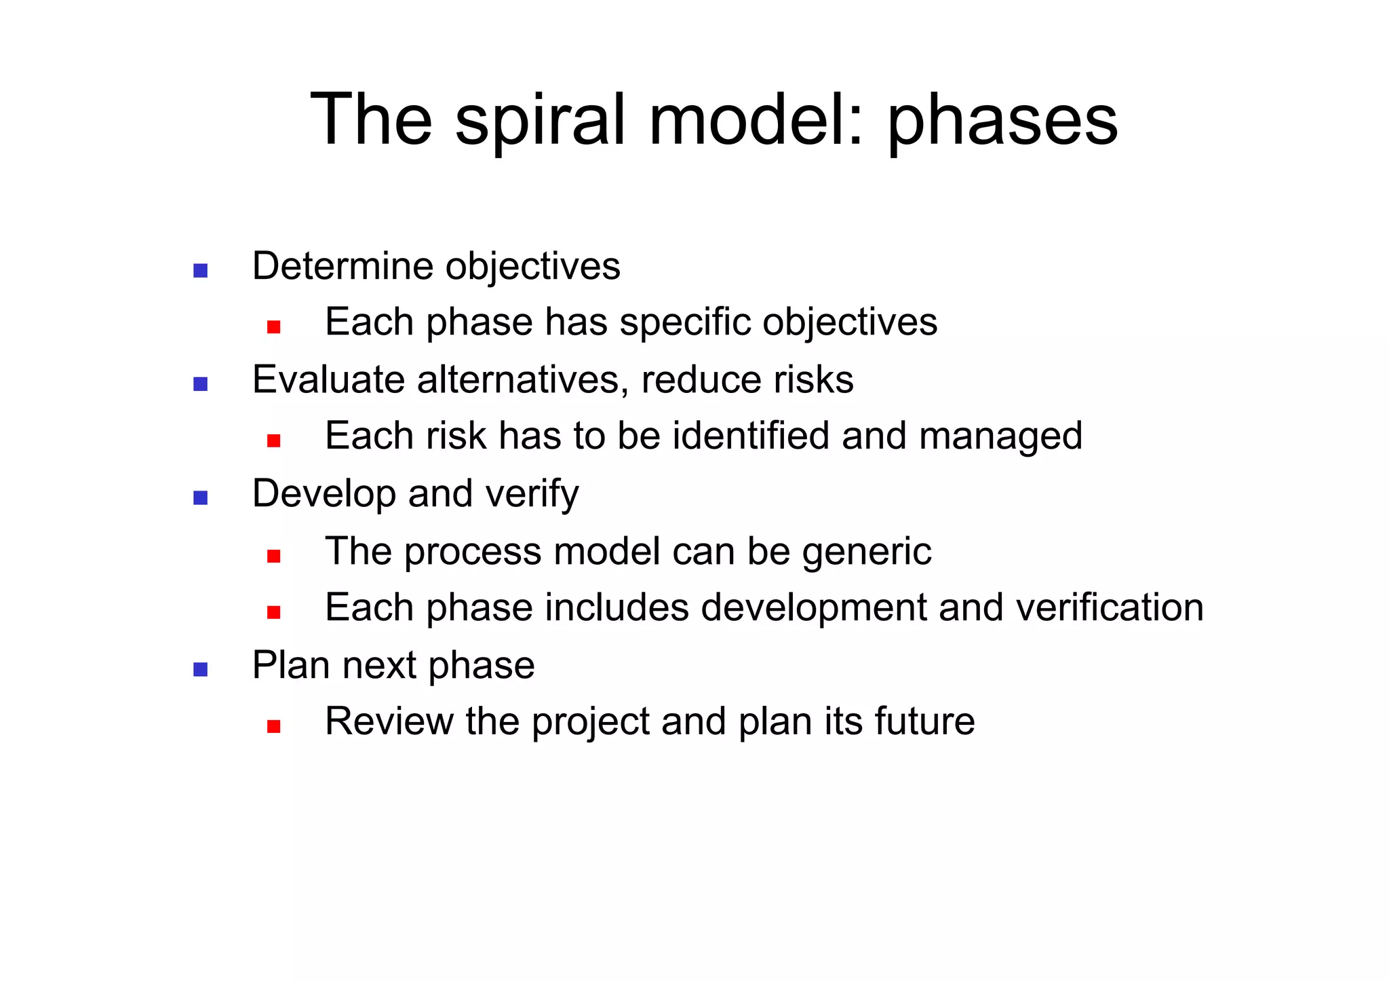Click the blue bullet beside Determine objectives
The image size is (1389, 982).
pos(200,271)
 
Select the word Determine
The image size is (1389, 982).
pos(343,266)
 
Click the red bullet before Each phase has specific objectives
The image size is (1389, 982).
pos(273,327)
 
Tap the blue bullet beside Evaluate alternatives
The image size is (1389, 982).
pos(200,384)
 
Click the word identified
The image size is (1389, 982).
pos(751,436)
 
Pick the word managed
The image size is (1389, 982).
pos(1000,437)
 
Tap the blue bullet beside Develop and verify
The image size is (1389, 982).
pos(200,498)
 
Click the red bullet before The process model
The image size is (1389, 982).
pos(273,556)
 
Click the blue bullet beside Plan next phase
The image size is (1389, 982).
pos(200,670)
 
